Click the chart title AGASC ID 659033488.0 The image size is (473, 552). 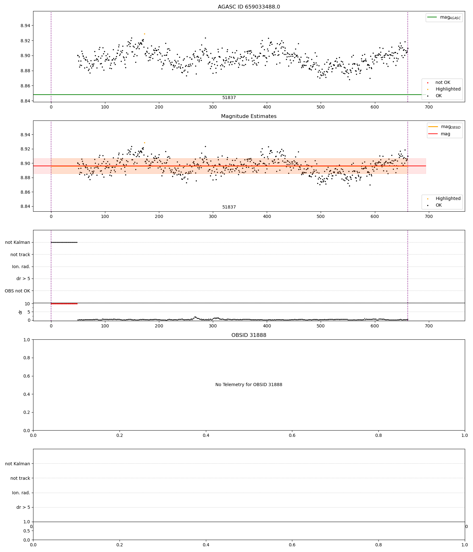pos(248,7)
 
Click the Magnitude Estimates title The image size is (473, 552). pos(248,116)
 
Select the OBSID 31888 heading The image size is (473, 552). pos(248,335)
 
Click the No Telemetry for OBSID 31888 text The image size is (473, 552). pos(248,385)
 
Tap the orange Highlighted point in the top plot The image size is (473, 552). pos(144,34)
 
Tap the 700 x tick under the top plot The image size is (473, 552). pos(429,107)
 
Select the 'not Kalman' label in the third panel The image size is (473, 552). pos(18,243)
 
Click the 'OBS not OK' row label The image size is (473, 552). pos(17,291)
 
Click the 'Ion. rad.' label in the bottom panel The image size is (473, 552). pos(21,493)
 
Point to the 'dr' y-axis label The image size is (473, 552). pos(20,312)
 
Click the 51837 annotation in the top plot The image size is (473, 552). pos(229,98)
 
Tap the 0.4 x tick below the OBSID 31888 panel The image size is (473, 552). pos(206,435)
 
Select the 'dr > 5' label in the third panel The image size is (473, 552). pos(23,279)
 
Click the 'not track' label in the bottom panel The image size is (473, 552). pos(20,478)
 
